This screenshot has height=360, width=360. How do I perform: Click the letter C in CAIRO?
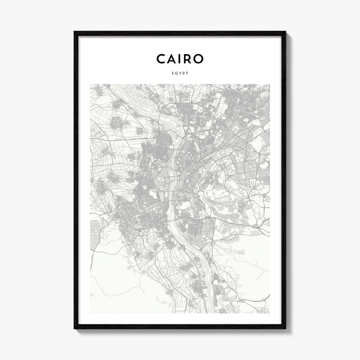162,59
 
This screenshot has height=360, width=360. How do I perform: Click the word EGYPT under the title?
180,73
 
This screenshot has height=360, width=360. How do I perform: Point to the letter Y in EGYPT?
180,73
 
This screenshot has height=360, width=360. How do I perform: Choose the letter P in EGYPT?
184,73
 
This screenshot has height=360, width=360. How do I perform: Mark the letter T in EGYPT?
187,73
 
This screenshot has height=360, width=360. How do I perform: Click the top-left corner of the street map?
90,84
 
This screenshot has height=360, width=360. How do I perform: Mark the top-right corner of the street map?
270,84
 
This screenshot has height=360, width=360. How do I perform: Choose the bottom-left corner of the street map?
90,313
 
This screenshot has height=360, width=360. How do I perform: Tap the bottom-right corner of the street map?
270,313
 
